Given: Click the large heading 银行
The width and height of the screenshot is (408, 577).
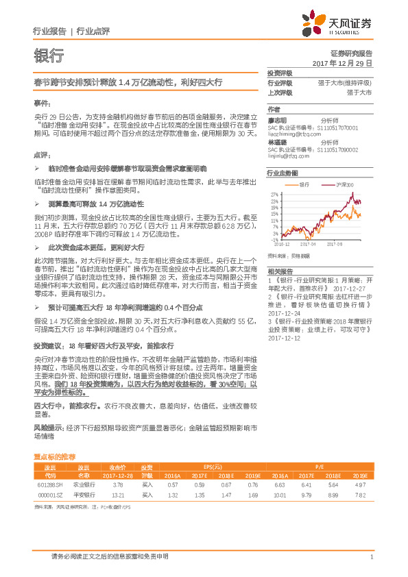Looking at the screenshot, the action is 49,56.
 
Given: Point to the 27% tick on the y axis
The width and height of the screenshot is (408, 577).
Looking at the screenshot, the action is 274,195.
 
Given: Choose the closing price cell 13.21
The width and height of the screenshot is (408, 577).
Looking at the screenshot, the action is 117,494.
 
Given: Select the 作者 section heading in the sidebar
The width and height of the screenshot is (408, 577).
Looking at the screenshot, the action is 274,108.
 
